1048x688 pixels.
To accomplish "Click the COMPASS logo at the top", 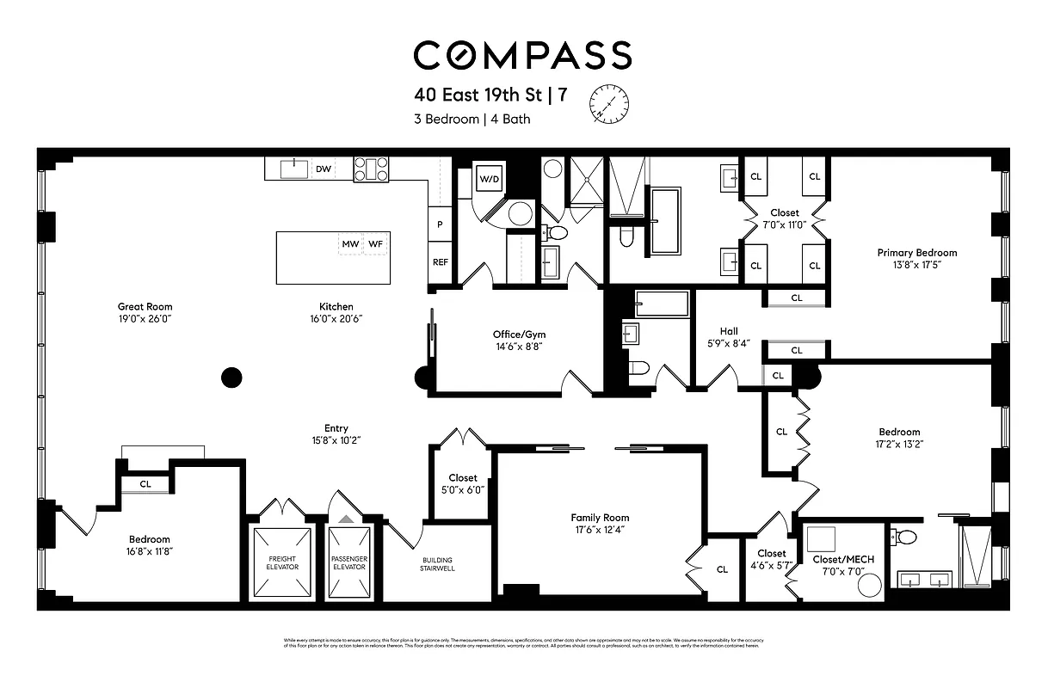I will click(x=522, y=56).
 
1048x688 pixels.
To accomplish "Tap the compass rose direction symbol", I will click(x=609, y=104).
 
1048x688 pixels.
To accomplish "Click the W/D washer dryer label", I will click(x=489, y=180).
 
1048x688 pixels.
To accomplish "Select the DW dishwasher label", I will click(x=324, y=169).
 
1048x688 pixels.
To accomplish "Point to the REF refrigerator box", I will click(x=441, y=262).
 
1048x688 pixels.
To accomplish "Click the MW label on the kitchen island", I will click(x=350, y=244).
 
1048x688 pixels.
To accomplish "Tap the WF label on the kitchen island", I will click(x=375, y=244).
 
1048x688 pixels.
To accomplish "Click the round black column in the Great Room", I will click(x=231, y=377).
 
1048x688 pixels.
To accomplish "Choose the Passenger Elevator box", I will click(x=348, y=562).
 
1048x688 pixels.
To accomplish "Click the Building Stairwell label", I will click(x=437, y=562).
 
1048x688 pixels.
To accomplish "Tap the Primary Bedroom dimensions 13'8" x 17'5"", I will click(x=916, y=265).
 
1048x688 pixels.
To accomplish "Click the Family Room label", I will click(x=600, y=518).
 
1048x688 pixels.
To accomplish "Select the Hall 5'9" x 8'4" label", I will click(x=729, y=337).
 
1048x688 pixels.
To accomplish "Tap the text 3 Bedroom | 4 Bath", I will click(x=472, y=119).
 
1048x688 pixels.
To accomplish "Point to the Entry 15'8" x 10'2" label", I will click(x=336, y=434).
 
